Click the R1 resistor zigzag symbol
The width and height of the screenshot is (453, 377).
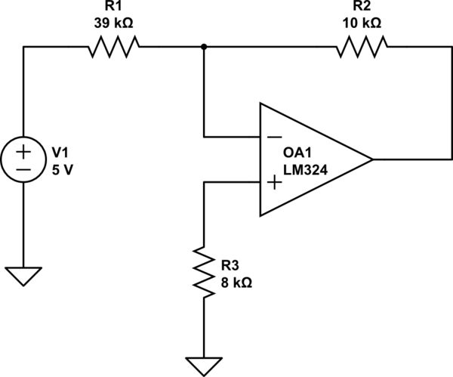[113, 48]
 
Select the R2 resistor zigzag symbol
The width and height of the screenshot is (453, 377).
[362, 48]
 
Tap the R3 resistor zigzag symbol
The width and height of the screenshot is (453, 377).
[204, 270]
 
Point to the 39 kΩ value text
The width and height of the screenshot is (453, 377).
[113, 23]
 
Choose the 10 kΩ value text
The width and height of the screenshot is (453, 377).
[362, 23]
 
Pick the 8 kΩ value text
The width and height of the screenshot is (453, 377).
[236, 283]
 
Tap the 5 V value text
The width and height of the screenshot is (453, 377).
[63, 170]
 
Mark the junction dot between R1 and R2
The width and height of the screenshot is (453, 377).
[204, 48]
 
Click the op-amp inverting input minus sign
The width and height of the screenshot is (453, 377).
[273, 138]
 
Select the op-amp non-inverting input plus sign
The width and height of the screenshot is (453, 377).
[273, 182]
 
